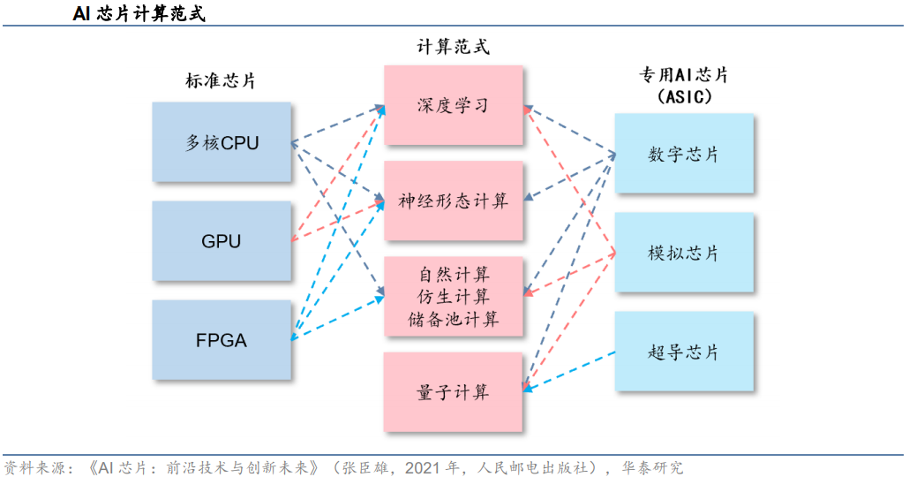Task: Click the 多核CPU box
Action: [222, 142]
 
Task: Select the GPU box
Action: [222, 241]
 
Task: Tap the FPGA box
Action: [222, 340]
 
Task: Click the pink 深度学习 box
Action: [454, 106]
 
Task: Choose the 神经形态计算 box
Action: [454, 201]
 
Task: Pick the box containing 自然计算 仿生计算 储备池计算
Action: [454, 296]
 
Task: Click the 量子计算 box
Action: [454, 392]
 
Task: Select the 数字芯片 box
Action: [684, 154]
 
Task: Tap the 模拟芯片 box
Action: [684, 253]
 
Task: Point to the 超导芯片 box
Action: [684, 352]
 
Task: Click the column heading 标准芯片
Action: [221, 80]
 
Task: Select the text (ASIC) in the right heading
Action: [684, 97]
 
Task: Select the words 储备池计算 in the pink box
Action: [454, 319]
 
